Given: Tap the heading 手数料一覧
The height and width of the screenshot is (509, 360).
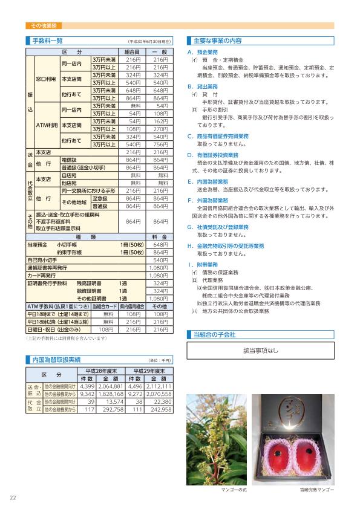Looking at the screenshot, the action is [48, 41].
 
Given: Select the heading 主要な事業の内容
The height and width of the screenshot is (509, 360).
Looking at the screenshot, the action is [217, 41].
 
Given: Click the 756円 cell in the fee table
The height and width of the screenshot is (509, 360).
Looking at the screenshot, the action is [160, 145].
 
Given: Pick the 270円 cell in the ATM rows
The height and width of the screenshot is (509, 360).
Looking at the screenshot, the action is [160, 129].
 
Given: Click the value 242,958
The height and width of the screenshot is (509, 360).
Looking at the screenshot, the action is [159, 409].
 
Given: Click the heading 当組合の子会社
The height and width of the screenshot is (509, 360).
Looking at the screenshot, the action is [214, 334].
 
